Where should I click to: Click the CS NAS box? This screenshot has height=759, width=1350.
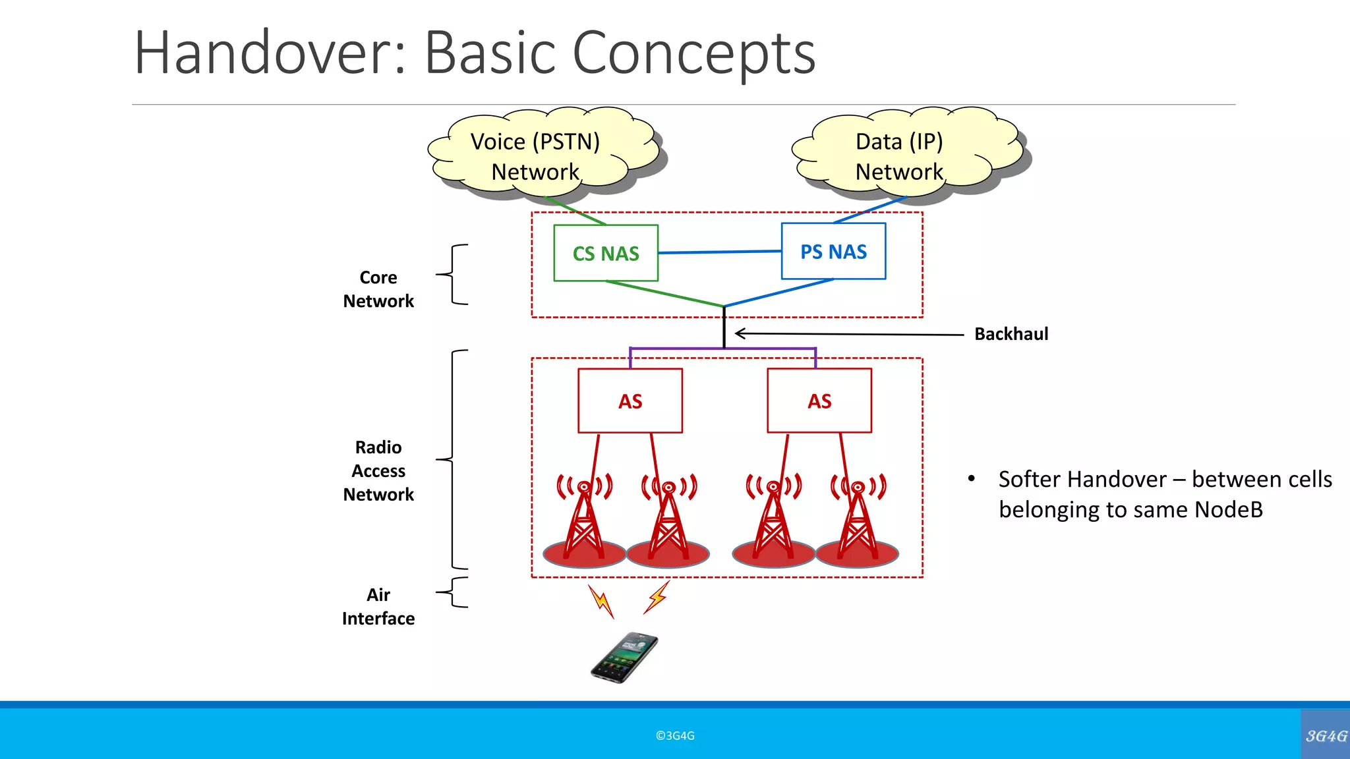pyautogui.click(x=606, y=253)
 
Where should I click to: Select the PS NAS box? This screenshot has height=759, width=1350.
pyautogui.click(x=833, y=251)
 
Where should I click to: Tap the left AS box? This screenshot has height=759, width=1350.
pyautogui.click(x=630, y=401)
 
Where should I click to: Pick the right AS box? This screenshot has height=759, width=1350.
pyautogui.click(x=819, y=401)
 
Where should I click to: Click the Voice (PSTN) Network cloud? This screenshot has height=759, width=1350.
pyautogui.click(x=535, y=156)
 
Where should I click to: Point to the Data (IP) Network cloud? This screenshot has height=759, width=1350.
pyautogui.click(x=899, y=156)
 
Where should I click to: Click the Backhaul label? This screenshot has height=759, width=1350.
pyautogui.click(x=1011, y=334)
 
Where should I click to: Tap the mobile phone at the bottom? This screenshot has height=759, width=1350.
pyautogui.click(x=624, y=658)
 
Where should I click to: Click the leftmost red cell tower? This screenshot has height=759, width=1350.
pyautogui.click(x=584, y=520)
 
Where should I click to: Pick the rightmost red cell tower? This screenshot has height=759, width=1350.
pyautogui.click(x=858, y=520)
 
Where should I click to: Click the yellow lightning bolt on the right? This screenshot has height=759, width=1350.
pyautogui.click(x=657, y=597)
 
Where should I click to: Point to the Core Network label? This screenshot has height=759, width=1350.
pyautogui.click(x=378, y=289)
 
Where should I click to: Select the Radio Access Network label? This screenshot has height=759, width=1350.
pyautogui.click(x=378, y=470)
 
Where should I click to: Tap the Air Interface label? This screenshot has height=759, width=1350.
pyautogui.click(x=378, y=606)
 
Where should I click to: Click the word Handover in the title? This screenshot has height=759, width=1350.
pyautogui.click(x=270, y=53)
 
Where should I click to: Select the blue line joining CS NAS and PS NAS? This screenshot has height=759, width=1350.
pyautogui.click(x=719, y=252)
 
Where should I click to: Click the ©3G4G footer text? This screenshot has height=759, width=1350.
pyautogui.click(x=675, y=736)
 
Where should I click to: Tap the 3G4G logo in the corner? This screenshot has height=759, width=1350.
pyautogui.click(x=1326, y=735)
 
